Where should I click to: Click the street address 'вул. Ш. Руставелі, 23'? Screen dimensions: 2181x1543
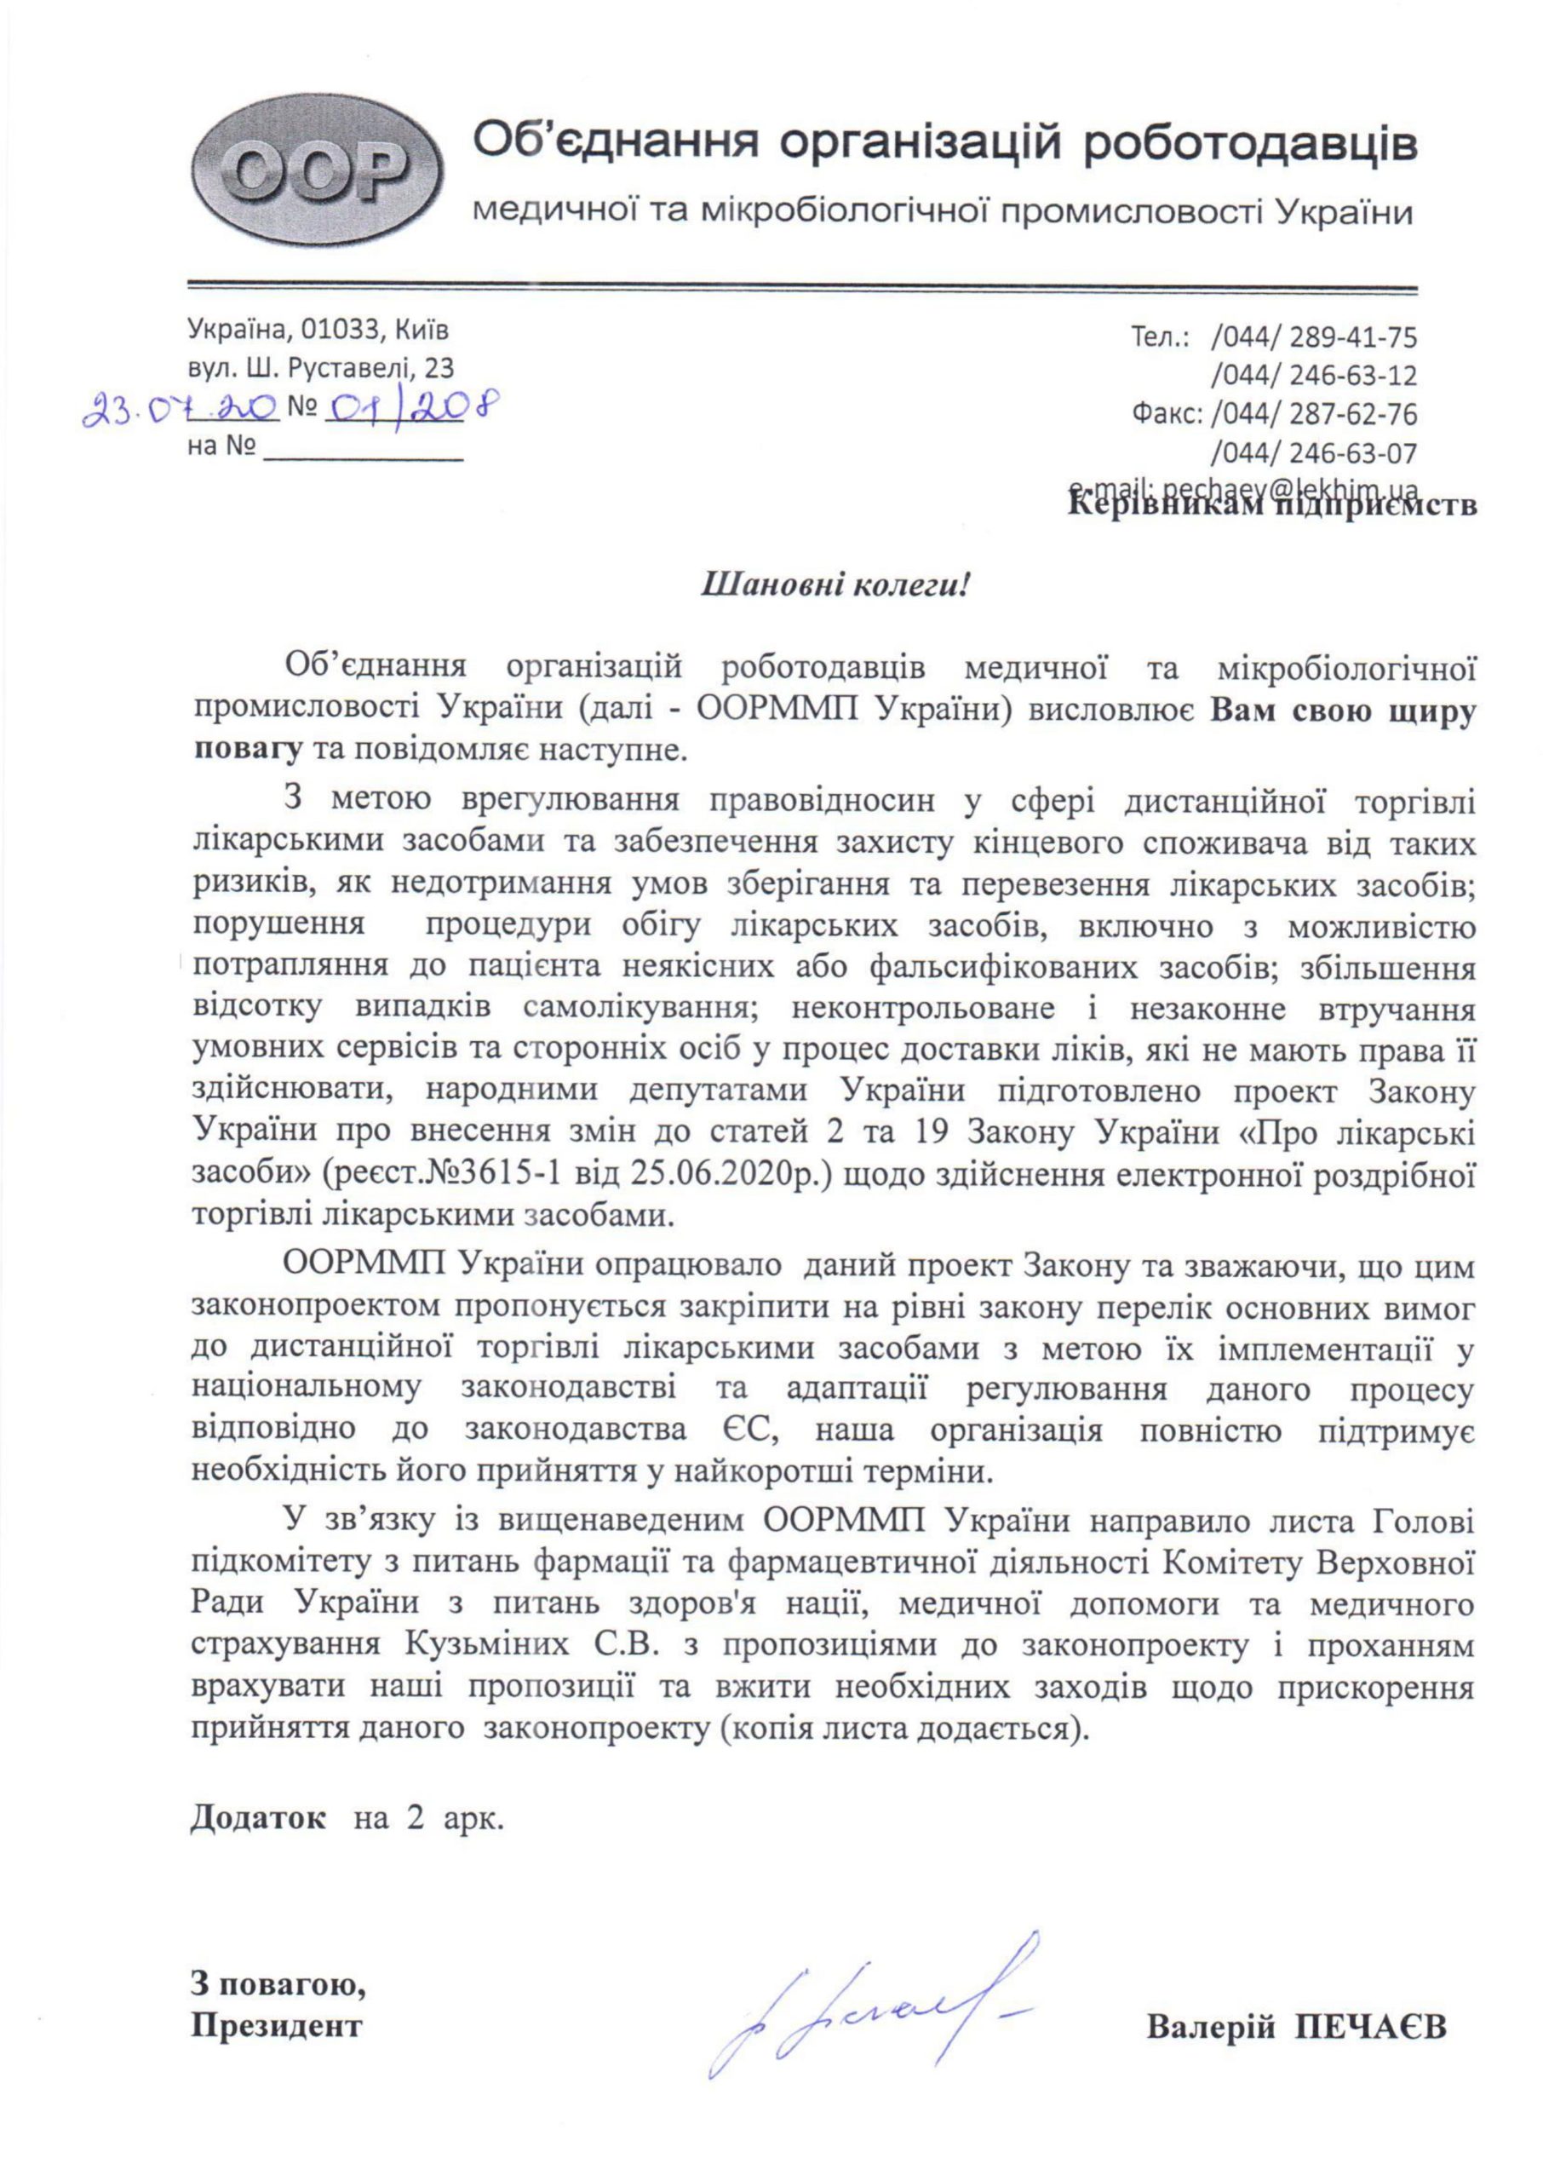[322, 368]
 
